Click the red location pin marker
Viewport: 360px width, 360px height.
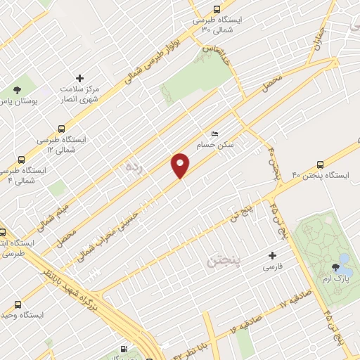click(181, 165)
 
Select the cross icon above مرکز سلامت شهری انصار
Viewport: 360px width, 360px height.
click(79, 78)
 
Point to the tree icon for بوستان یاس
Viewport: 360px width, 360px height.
click(18, 89)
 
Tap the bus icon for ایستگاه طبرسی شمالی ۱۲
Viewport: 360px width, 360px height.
click(62, 129)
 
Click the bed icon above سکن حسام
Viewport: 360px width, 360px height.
click(215, 133)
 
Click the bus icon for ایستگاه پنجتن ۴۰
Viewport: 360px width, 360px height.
click(321, 161)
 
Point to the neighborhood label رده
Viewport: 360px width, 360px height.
click(134, 167)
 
